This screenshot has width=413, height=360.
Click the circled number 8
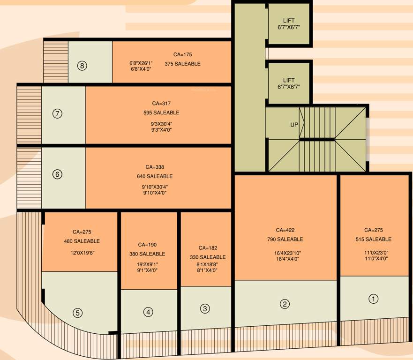point(83,66)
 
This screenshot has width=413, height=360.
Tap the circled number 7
point(57,113)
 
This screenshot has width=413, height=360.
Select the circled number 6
point(57,174)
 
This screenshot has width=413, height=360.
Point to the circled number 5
point(78,313)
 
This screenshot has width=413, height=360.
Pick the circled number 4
point(148,311)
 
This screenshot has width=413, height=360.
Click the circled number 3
point(205,308)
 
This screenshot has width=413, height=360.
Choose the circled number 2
point(285,304)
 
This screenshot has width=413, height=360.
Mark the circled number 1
point(373,299)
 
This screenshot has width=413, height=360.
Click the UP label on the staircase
point(294,125)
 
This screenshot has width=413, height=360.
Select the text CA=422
point(285,230)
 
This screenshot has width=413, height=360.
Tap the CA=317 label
point(161,103)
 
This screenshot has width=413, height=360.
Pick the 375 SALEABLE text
point(182,64)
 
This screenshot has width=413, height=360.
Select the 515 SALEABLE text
point(374,240)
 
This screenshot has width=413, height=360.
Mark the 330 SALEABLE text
point(208,257)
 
